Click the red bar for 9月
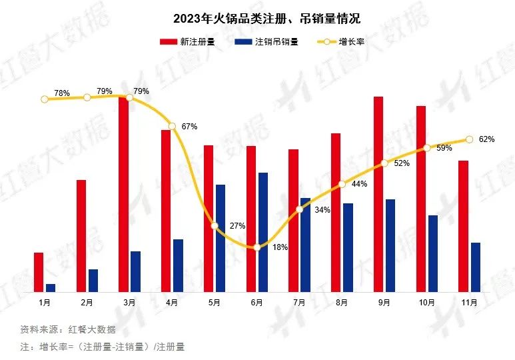tap(378, 194)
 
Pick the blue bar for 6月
tap(263, 232)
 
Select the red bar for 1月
tap(39, 272)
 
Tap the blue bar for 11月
tap(475, 267)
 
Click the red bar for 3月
tap(124, 194)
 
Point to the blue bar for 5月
tap(221, 238)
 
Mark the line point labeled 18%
tap(257, 247)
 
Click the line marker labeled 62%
tap(469, 139)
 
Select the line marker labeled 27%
tap(215, 226)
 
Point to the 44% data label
tap(359, 184)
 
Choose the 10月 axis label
tap(426, 302)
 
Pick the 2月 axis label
tap(87, 302)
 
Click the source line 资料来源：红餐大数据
tap(68, 329)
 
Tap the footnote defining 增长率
tap(102, 347)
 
